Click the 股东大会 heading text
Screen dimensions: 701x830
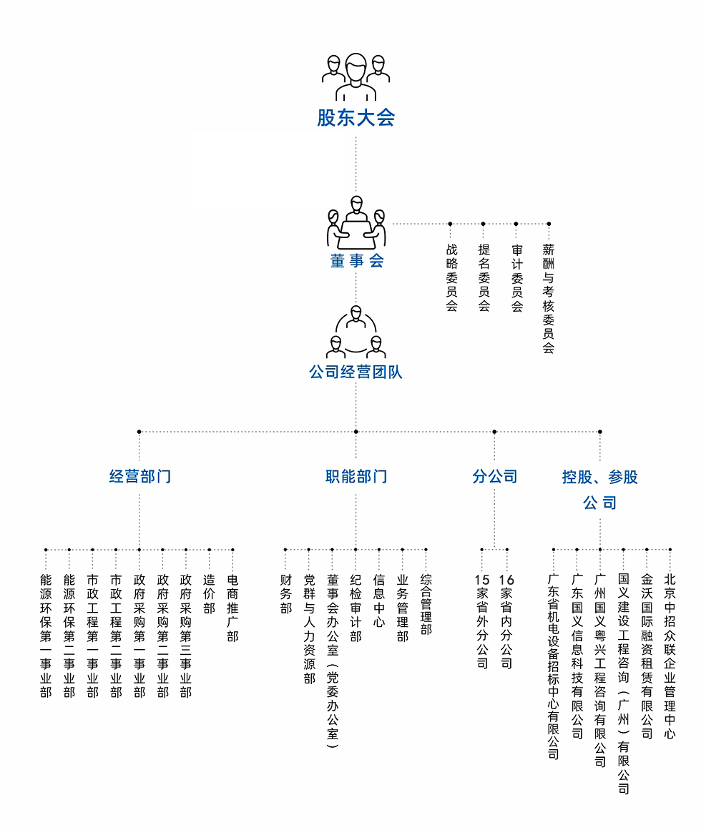(x=356, y=117)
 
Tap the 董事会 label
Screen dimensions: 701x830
(x=357, y=260)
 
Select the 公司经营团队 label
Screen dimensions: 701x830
(x=356, y=372)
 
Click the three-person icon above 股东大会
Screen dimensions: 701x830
(x=356, y=76)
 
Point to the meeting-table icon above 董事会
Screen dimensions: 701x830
(x=356, y=222)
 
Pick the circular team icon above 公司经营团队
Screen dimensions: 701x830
(x=356, y=332)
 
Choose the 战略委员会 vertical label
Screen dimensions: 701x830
(x=451, y=277)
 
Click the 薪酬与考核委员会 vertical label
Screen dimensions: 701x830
(x=549, y=299)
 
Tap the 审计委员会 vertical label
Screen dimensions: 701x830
(x=516, y=277)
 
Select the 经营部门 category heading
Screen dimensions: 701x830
(x=139, y=476)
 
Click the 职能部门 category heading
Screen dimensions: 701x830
(x=356, y=476)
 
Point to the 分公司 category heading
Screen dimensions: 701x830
(x=494, y=476)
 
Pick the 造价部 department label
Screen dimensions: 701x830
(x=209, y=594)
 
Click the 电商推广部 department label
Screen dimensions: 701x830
(x=232, y=608)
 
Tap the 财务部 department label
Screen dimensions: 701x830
(x=286, y=594)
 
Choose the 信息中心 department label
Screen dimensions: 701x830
(x=379, y=601)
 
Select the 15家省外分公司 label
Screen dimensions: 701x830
(x=482, y=621)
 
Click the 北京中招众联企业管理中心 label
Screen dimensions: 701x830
(x=670, y=656)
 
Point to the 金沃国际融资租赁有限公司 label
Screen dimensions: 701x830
(x=647, y=656)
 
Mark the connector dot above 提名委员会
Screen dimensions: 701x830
(x=483, y=224)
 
